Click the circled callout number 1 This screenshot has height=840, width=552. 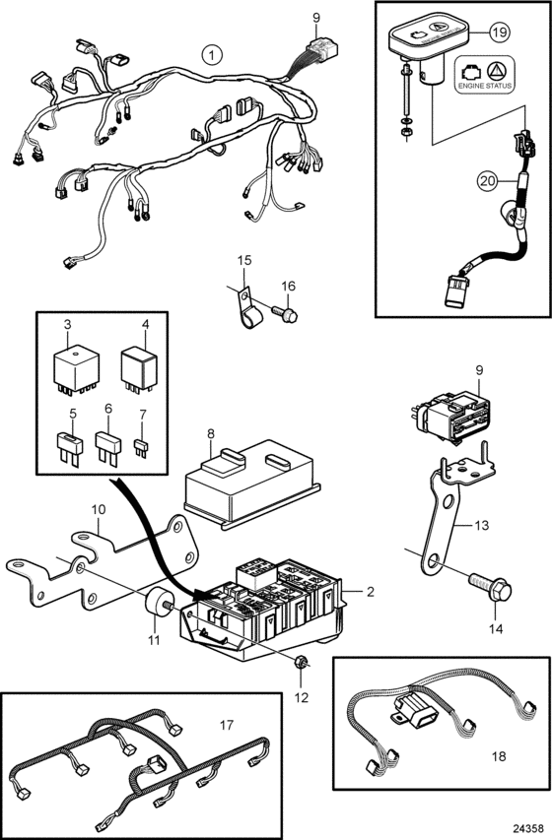point(213,54)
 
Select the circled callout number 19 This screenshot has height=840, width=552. point(500,32)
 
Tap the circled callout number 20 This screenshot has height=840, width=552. point(488,181)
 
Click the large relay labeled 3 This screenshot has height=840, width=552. point(76,369)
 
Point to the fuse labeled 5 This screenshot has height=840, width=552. point(70,448)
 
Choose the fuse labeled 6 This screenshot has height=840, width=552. point(108,447)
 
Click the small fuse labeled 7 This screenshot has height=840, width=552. point(141,448)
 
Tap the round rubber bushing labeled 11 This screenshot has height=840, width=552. point(156,603)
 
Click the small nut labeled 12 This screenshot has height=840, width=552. point(301,663)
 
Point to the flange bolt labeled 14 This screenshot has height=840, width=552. point(490,589)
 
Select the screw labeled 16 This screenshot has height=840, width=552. point(286,313)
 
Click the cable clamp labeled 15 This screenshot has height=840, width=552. point(246,309)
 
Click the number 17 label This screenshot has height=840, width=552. point(227,725)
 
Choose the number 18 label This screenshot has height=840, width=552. point(499,756)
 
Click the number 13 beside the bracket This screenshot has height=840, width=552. point(482,525)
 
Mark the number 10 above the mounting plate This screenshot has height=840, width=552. point(99,509)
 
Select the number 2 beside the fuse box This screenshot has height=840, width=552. point(371,592)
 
